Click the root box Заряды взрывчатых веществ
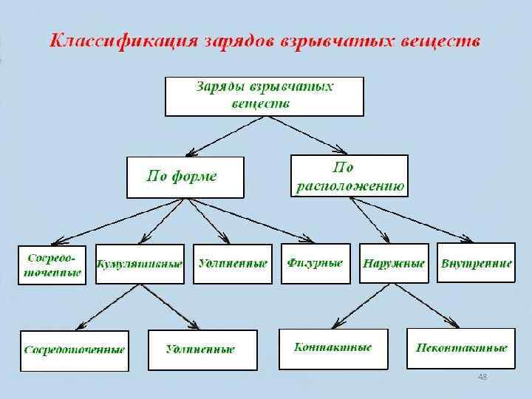(x=264, y=95)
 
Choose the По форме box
(x=185, y=177)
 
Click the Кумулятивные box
(x=140, y=264)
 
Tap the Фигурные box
(x=314, y=263)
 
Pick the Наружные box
(x=395, y=263)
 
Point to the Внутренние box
(x=476, y=263)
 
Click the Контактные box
(x=332, y=348)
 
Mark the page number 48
(x=482, y=378)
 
